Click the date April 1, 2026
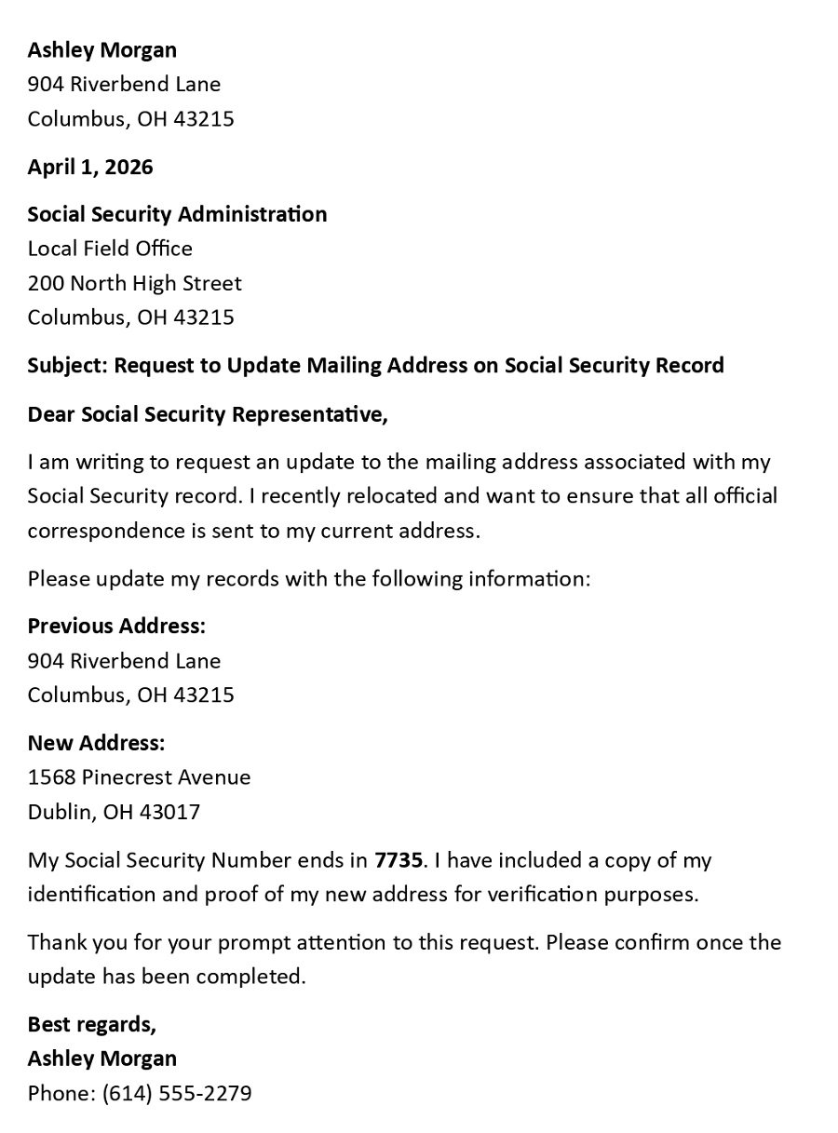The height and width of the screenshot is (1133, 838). pyautogui.click(x=90, y=168)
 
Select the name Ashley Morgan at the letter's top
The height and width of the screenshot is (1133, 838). pyautogui.click(x=101, y=50)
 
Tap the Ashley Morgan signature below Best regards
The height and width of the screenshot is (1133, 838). pyautogui.click(x=101, y=1059)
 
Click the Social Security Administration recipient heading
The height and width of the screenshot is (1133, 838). pyautogui.click(x=177, y=214)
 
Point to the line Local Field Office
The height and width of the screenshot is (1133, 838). pyautogui.click(x=110, y=249)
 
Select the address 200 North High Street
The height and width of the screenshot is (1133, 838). pyautogui.click(x=134, y=283)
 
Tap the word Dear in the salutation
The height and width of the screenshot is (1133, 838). pyautogui.click(x=51, y=414)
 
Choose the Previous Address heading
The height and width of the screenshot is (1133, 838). pyautogui.click(x=116, y=626)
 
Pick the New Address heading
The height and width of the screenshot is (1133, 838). pyautogui.click(x=96, y=743)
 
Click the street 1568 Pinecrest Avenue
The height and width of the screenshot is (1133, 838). pyautogui.click(x=139, y=777)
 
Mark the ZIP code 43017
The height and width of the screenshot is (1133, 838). pyautogui.click(x=169, y=812)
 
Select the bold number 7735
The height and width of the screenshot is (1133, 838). pyautogui.click(x=399, y=860)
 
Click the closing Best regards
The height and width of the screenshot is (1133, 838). pyautogui.click(x=91, y=1024)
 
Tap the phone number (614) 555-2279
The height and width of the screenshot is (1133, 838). pyautogui.click(x=177, y=1093)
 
